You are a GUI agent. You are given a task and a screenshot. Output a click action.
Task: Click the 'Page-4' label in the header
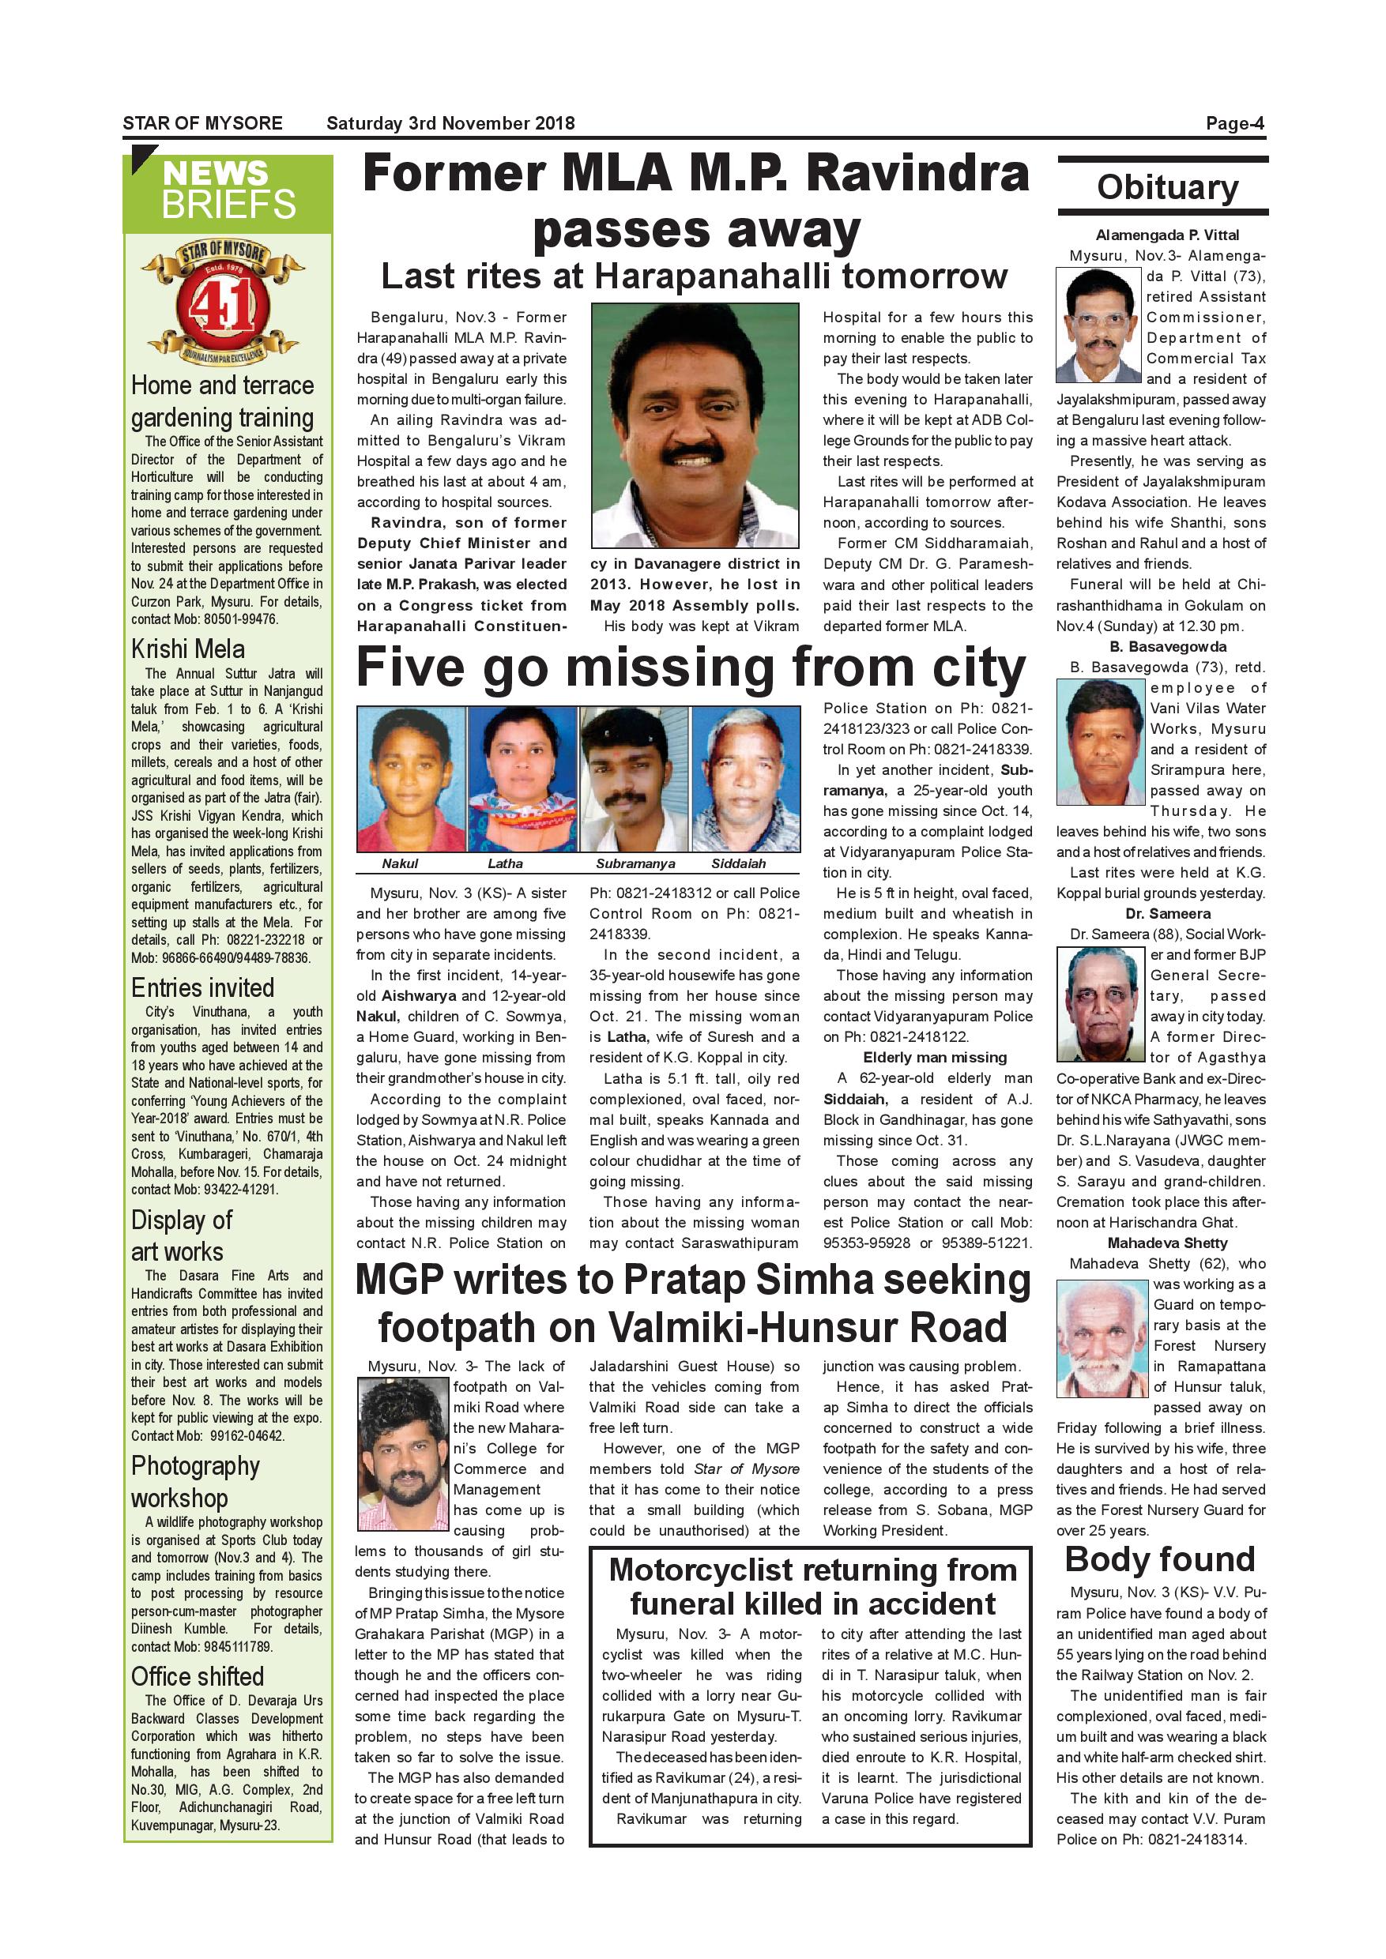(x=1234, y=123)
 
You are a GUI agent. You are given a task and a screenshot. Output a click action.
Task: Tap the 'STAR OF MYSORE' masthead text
(x=202, y=123)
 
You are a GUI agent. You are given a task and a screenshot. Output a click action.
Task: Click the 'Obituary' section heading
(x=1166, y=188)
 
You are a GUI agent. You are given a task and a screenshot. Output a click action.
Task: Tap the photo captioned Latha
(x=522, y=778)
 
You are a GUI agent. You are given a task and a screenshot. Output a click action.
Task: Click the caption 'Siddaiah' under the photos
(x=738, y=863)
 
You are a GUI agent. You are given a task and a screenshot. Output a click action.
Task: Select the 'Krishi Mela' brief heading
(x=188, y=649)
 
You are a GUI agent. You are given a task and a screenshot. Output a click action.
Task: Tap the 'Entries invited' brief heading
(x=202, y=987)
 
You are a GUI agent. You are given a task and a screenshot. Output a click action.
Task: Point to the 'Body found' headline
(x=1160, y=1559)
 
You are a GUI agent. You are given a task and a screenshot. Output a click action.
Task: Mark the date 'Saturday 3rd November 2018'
(x=450, y=123)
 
